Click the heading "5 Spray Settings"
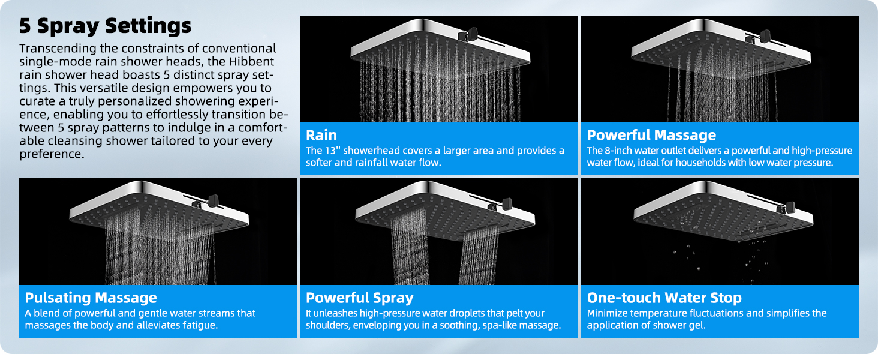pos(105,26)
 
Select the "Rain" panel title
pos(321,134)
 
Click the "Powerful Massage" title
pos(651,134)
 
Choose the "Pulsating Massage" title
pos(91,298)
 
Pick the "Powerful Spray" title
pos(359,298)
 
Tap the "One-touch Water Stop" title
pos(664,298)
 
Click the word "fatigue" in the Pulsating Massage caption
pos(197,325)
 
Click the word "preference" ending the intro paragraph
pos(50,154)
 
